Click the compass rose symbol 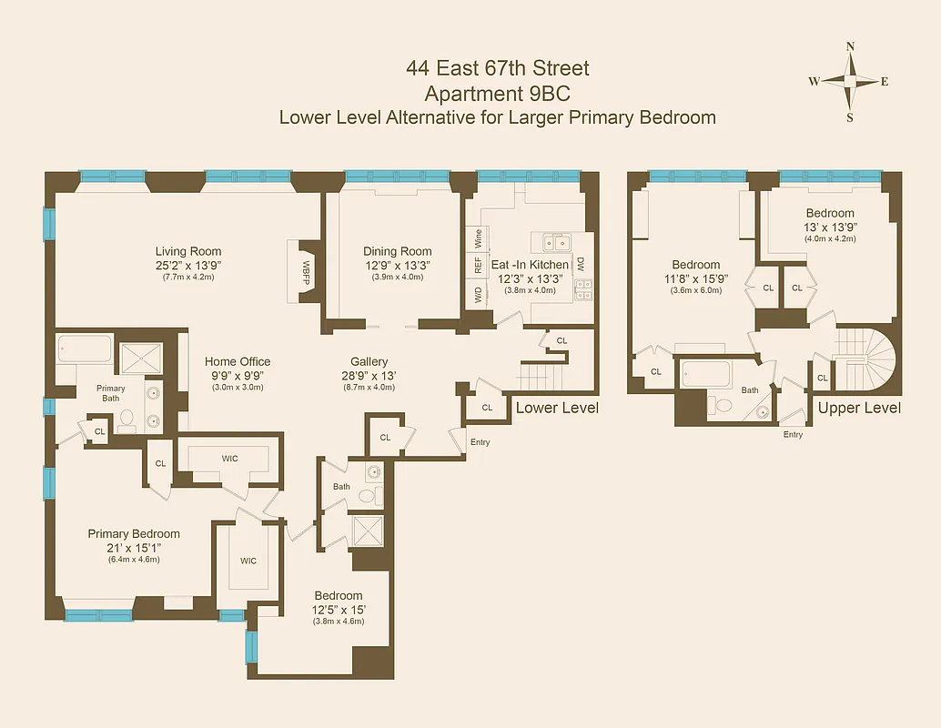[x=849, y=81]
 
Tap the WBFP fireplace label [x=306, y=270]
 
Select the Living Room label [x=187, y=252]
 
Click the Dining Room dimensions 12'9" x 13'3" [x=397, y=266]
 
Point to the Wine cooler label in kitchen [x=477, y=239]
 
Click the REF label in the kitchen [x=477, y=266]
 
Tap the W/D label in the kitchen [x=477, y=295]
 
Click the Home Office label [x=237, y=361]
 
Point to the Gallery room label [x=369, y=361]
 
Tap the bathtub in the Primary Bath [x=84, y=350]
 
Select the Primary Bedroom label [x=134, y=534]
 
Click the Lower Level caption [x=557, y=408]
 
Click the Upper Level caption [x=859, y=408]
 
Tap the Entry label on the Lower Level [x=480, y=442]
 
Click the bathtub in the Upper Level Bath [x=706, y=374]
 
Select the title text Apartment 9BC [x=497, y=93]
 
